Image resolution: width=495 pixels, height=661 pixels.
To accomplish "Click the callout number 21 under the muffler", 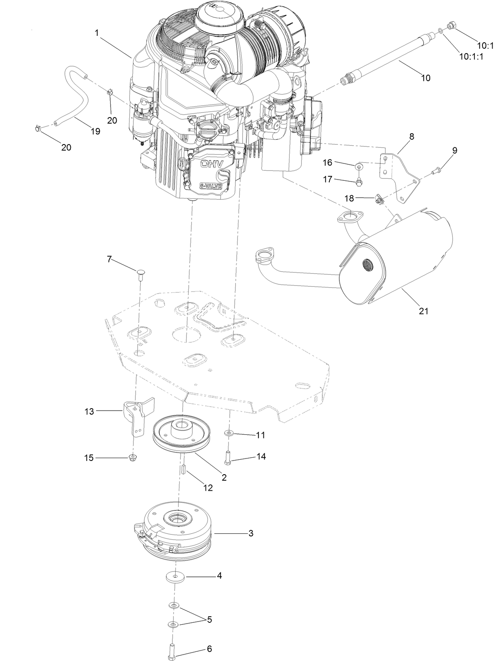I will (x=424, y=311).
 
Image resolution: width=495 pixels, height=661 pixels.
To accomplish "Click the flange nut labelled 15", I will (x=132, y=457).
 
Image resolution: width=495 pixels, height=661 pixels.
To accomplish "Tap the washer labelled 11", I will (x=229, y=433).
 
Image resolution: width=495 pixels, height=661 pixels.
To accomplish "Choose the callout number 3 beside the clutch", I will (x=251, y=533).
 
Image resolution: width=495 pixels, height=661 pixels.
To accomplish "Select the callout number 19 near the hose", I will (x=95, y=131).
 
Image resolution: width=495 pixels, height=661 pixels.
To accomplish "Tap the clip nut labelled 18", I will (x=378, y=199).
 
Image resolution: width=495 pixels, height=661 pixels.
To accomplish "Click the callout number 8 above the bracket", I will (x=411, y=136).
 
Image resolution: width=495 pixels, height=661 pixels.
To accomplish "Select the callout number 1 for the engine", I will (x=97, y=33).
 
